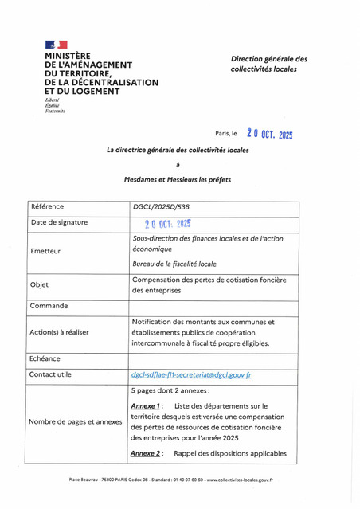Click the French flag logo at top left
tap(56, 45)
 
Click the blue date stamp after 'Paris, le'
tap(269, 134)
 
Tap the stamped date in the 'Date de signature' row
tap(167, 224)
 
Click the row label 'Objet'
tap(39, 285)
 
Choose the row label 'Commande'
tap(48, 306)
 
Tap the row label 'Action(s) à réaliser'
tap(59, 332)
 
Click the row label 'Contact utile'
tap(50, 374)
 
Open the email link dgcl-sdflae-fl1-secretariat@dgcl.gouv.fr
tap(191, 374)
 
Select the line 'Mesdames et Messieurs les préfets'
tap(178, 180)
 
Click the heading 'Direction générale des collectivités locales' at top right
tap(268, 65)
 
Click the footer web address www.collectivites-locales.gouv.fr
tap(241, 480)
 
